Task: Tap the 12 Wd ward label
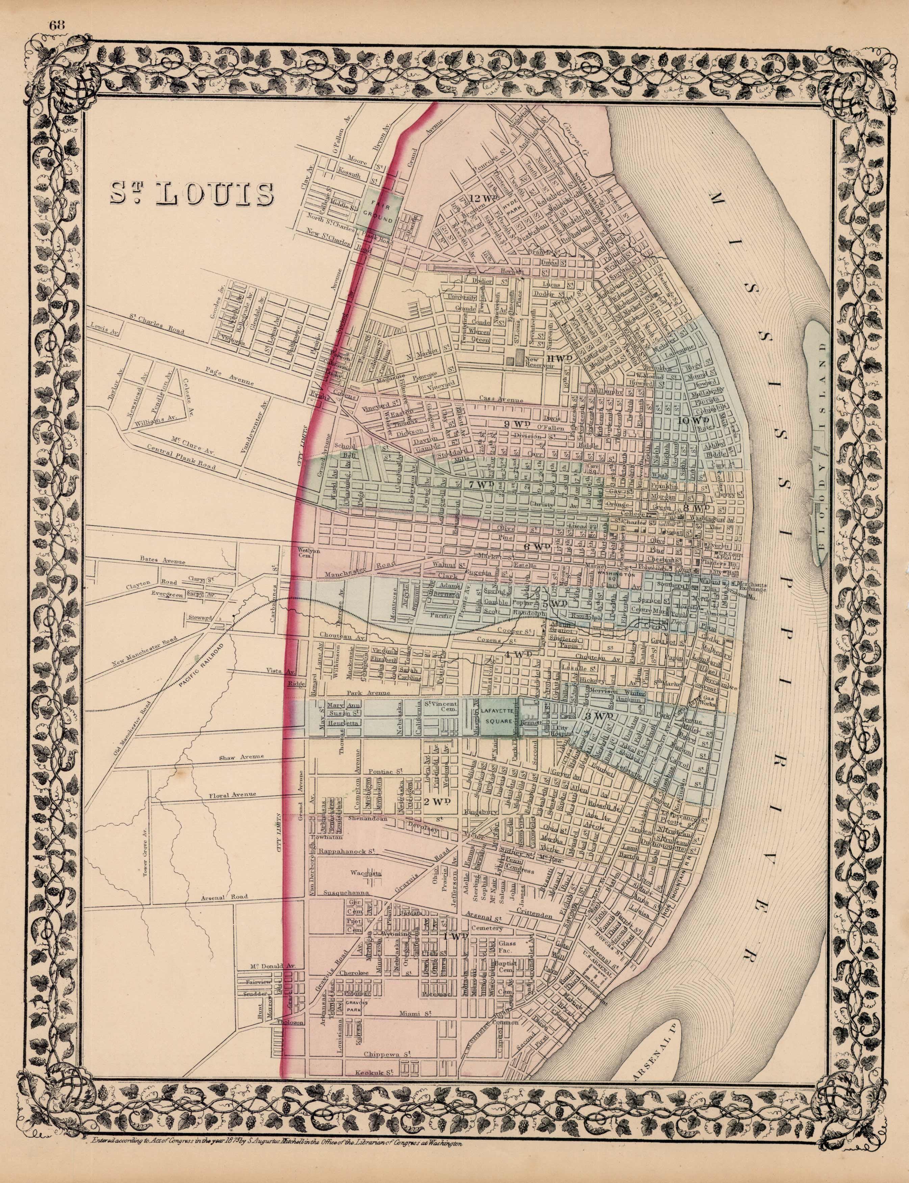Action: click(x=483, y=198)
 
